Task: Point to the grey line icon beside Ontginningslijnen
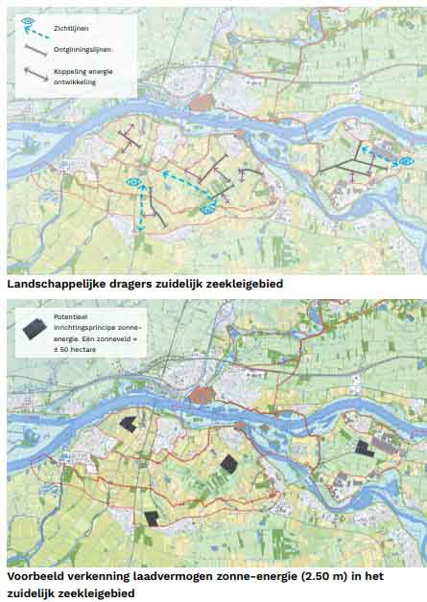[34, 49]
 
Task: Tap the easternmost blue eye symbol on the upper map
[407, 161]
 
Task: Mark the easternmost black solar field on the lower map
[364, 447]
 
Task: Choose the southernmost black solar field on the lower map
[152, 518]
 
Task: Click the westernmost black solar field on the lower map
[128, 424]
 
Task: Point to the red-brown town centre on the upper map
[202, 103]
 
